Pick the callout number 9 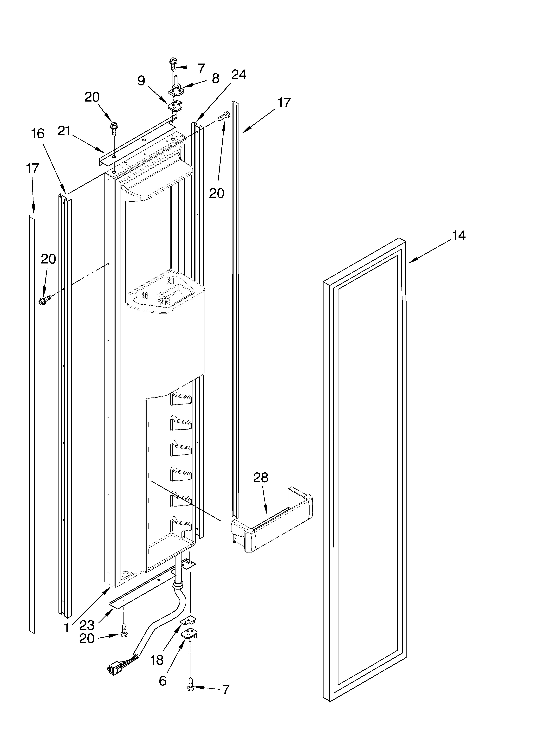pyautogui.click(x=142, y=80)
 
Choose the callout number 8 pyautogui.click(x=215, y=78)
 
